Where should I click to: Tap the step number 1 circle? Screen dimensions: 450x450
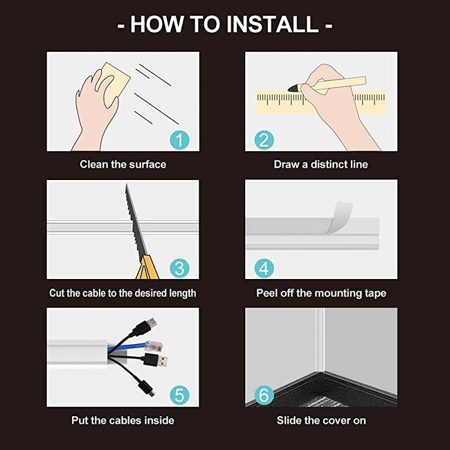coord(179,139)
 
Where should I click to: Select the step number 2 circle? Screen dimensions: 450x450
coord(264,139)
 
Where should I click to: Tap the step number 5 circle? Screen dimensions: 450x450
coord(179,395)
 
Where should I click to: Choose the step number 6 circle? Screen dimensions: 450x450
coord(264,395)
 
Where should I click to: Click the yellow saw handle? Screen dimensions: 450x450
coord(148,269)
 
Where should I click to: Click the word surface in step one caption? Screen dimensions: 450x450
coord(146,165)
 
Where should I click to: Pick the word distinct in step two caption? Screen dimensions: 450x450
coord(328,165)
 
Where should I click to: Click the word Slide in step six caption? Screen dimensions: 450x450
coord(289,421)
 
